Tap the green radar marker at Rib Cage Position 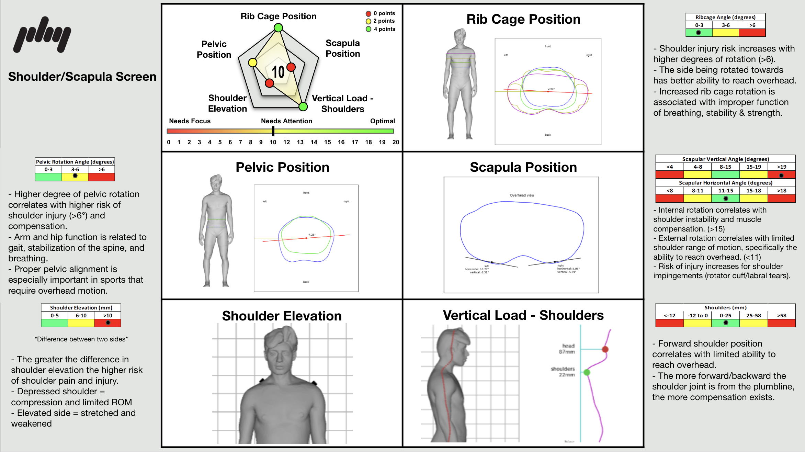pyautogui.click(x=278, y=27)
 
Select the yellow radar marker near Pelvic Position pyautogui.click(x=253, y=62)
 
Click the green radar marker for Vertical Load pyautogui.click(x=303, y=106)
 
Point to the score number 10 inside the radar pyautogui.click(x=278, y=72)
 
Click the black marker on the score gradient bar pyautogui.click(x=273, y=131)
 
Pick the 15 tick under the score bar pyautogui.click(x=327, y=142)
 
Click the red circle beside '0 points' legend pyautogui.click(x=369, y=13)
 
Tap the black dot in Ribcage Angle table pyautogui.click(x=699, y=33)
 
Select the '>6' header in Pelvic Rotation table pyautogui.click(x=102, y=169)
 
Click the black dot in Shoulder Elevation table pyautogui.click(x=108, y=323)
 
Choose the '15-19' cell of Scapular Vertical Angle pyautogui.click(x=753, y=167)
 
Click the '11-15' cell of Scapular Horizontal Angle pyautogui.click(x=726, y=191)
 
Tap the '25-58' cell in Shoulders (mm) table pyautogui.click(x=753, y=315)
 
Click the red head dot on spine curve pyautogui.click(x=605, y=349)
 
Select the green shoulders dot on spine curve pyautogui.click(x=587, y=372)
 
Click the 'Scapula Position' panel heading pyautogui.click(x=523, y=167)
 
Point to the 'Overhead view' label pyautogui.click(x=522, y=195)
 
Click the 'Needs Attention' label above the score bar pyautogui.click(x=286, y=121)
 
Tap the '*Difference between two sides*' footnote pyautogui.click(x=81, y=339)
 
